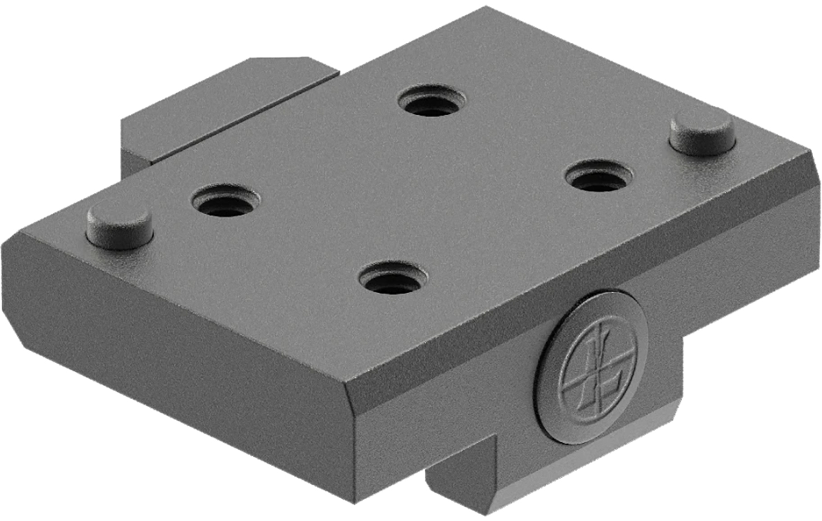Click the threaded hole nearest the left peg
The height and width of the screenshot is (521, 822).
click(x=225, y=199)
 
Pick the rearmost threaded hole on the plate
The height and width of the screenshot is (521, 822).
click(x=432, y=101)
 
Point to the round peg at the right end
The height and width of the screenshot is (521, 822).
click(x=702, y=131)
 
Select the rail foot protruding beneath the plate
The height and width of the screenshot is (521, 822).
click(x=466, y=482)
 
